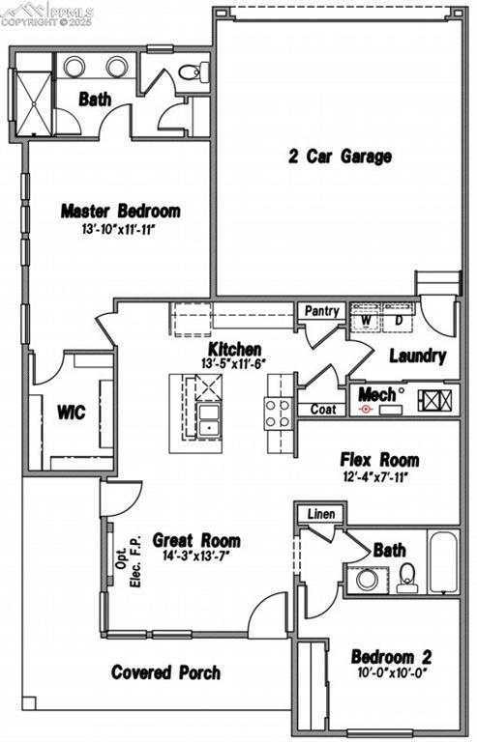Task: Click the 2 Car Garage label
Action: (340, 157)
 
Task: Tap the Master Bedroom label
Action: (120, 211)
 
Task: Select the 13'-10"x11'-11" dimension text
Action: (120, 230)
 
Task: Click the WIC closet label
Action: (72, 413)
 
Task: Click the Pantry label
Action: (321, 311)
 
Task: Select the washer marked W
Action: (367, 320)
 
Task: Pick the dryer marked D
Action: (398, 320)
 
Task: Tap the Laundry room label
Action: (417, 356)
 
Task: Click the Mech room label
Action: (376, 394)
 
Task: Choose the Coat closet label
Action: (322, 410)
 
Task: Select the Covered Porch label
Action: (165, 671)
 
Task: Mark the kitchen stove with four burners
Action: (278, 414)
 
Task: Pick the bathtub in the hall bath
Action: (443, 562)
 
